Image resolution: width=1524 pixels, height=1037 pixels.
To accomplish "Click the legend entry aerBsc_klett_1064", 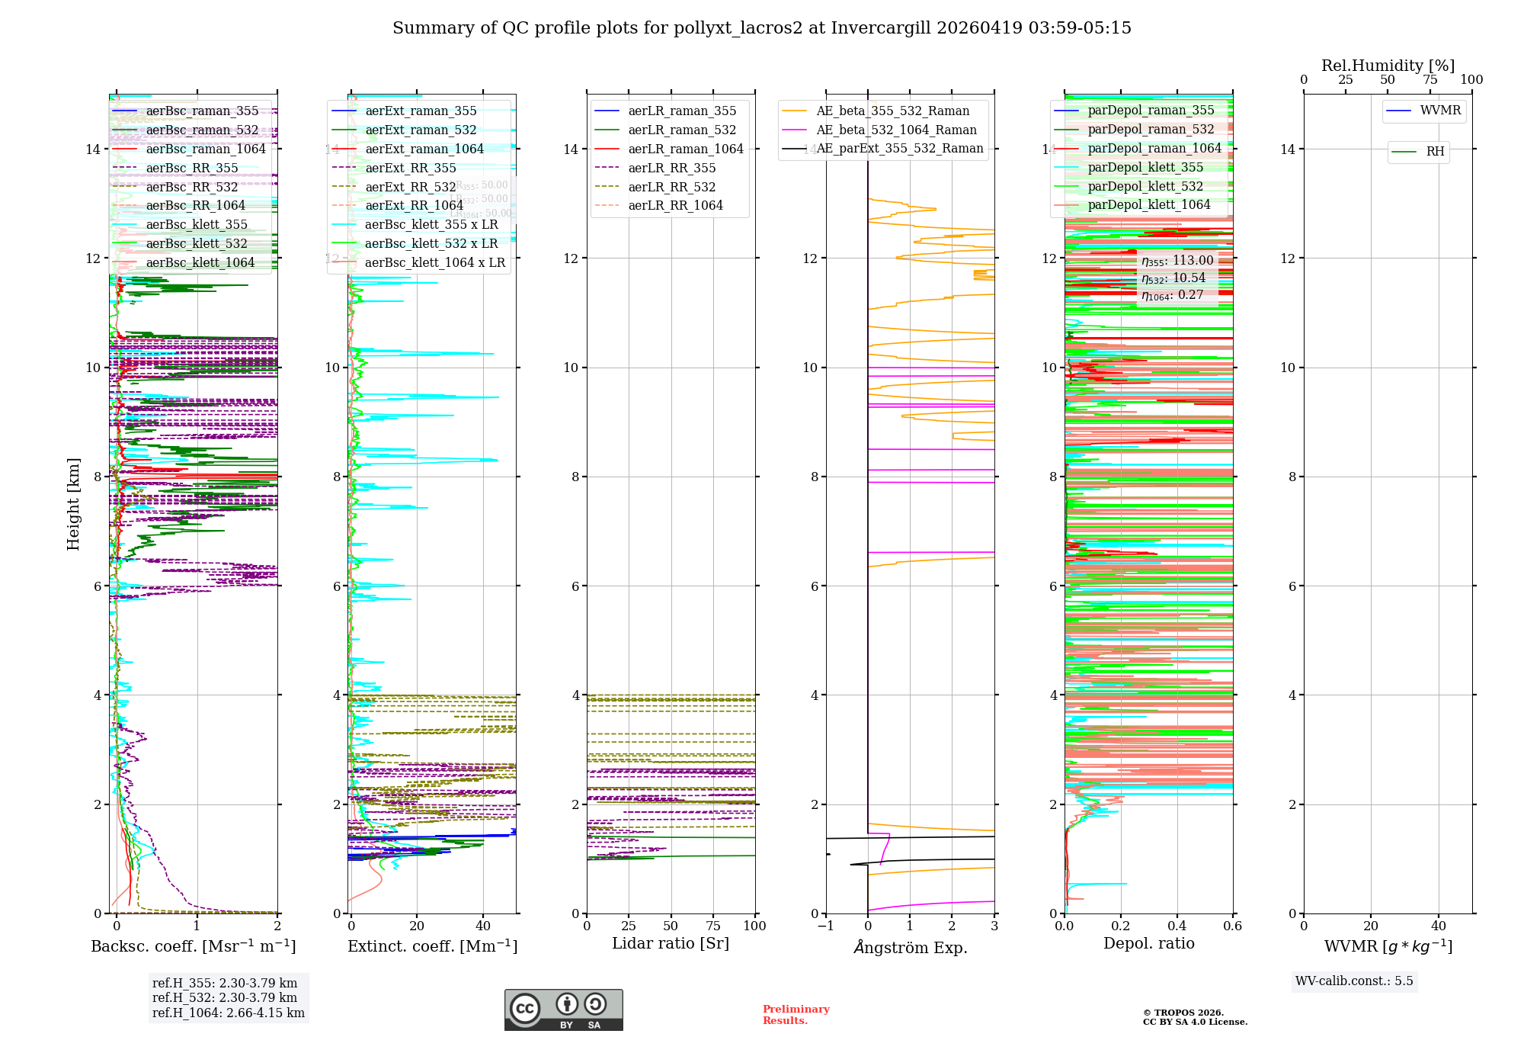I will (200, 263).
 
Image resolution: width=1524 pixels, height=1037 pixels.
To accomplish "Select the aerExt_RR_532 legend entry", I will (410, 188).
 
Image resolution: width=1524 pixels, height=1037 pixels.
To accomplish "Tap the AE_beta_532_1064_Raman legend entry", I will (895, 130).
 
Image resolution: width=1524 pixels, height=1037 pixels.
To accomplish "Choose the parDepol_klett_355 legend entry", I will (1145, 168).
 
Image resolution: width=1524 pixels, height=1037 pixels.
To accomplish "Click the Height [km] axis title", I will (73, 503).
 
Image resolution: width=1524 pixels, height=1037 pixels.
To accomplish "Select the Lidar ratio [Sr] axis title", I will (671, 944).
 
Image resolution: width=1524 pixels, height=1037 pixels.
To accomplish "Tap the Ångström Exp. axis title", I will (911, 948).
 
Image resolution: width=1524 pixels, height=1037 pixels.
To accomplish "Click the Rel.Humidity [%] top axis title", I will (1388, 66).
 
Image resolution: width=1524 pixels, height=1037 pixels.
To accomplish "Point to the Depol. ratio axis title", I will (1148, 944).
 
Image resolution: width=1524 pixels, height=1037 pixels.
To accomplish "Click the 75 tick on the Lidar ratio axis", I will (713, 926).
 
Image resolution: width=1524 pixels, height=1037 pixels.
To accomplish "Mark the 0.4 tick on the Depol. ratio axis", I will (1177, 926).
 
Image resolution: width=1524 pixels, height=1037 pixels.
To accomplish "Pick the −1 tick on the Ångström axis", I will (825, 926).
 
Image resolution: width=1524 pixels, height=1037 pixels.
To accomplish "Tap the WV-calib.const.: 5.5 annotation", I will (1353, 981).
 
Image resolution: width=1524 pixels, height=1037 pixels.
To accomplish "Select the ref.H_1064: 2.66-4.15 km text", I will (228, 1013).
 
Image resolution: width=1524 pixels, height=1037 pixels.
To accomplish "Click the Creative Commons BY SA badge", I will (563, 1010).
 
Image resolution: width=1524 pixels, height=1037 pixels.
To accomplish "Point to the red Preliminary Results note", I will (796, 1015).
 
